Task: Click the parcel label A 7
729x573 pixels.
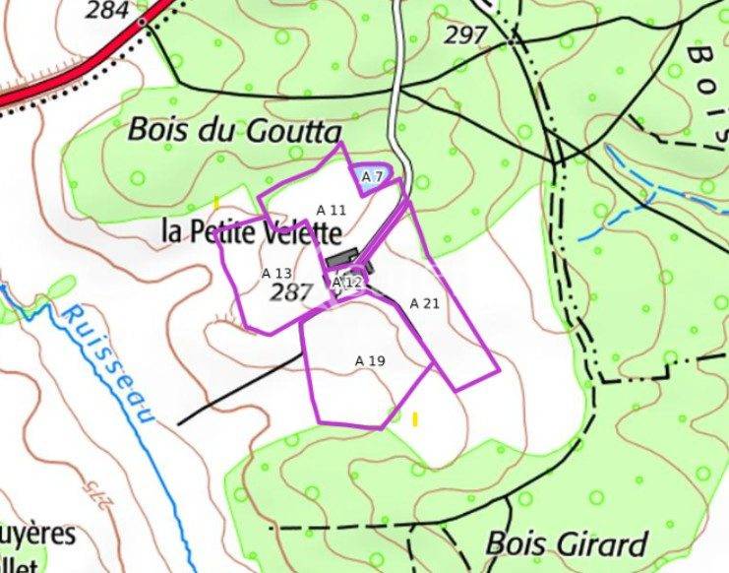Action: [372, 176]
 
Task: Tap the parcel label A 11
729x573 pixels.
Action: [332, 210]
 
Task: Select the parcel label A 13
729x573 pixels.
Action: [276, 273]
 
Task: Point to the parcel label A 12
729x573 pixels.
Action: [347, 283]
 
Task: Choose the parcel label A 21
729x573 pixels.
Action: [424, 303]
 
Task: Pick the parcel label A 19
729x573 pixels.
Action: [370, 361]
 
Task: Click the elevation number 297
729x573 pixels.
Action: [465, 35]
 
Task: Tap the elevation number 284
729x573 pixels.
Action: [107, 11]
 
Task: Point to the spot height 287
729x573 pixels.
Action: [290, 292]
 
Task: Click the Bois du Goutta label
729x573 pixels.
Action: [235, 130]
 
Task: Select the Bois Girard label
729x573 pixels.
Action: [567, 543]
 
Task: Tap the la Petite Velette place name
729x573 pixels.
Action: [252, 233]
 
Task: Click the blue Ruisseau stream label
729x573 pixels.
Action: [108, 363]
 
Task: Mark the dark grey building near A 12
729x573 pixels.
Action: [340, 257]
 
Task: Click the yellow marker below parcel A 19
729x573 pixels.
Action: [415, 419]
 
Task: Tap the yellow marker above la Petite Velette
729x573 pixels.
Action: [216, 203]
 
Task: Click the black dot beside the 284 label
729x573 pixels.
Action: [142, 21]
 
